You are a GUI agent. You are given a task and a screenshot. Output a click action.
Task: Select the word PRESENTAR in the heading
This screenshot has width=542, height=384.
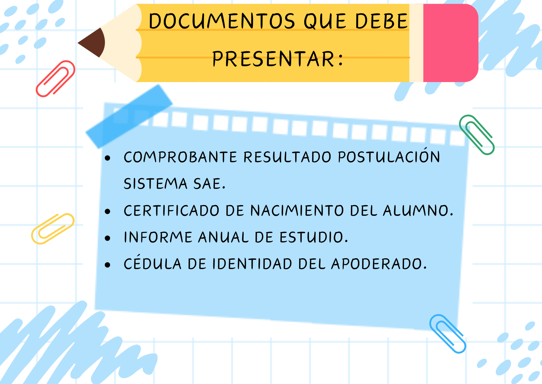click(273, 59)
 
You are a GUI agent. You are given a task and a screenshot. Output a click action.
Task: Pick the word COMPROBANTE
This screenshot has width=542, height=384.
click(180, 157)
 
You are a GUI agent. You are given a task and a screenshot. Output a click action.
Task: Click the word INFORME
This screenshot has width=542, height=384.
click(158, 238)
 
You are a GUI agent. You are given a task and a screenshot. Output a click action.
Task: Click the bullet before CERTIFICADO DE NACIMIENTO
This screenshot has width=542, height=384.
click(108, 212)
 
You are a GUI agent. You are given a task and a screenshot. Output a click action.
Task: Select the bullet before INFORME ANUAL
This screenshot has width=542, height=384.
click(108, 238)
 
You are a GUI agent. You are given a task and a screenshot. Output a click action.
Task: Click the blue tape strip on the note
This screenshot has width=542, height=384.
click(129, 116)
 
